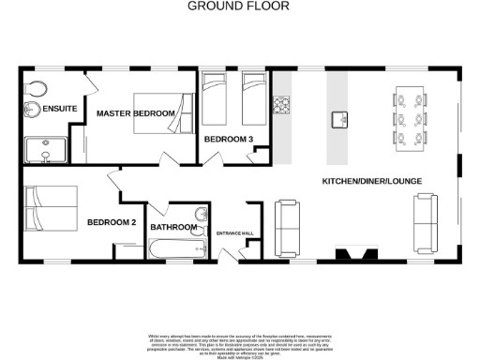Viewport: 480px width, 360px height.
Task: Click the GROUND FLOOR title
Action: pyautogui.click(x=239, y=6)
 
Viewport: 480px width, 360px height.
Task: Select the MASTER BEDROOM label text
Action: pyautogui.click(x=136, y=114)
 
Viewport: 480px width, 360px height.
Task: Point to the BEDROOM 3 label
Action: pyautogui.click(x=229, y=140)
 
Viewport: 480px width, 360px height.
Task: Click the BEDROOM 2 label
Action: pyautogui.click(x=112, y=222)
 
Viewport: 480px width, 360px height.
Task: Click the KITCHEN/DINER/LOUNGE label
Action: pyautogui.click(x=370, y=180)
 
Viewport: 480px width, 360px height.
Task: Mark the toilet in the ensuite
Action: pyautogui.click(x=37, y=89)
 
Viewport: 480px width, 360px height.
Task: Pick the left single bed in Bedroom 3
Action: pyautogui.click(x=214, y=97)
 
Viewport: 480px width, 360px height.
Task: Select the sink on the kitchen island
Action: pyautogui.click(x=339, y=119)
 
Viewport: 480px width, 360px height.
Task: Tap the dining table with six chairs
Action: pyautogui.click(x=410, y=116)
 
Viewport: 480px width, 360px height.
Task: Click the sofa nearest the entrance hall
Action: pyautogui.click(x=286, y=223)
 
